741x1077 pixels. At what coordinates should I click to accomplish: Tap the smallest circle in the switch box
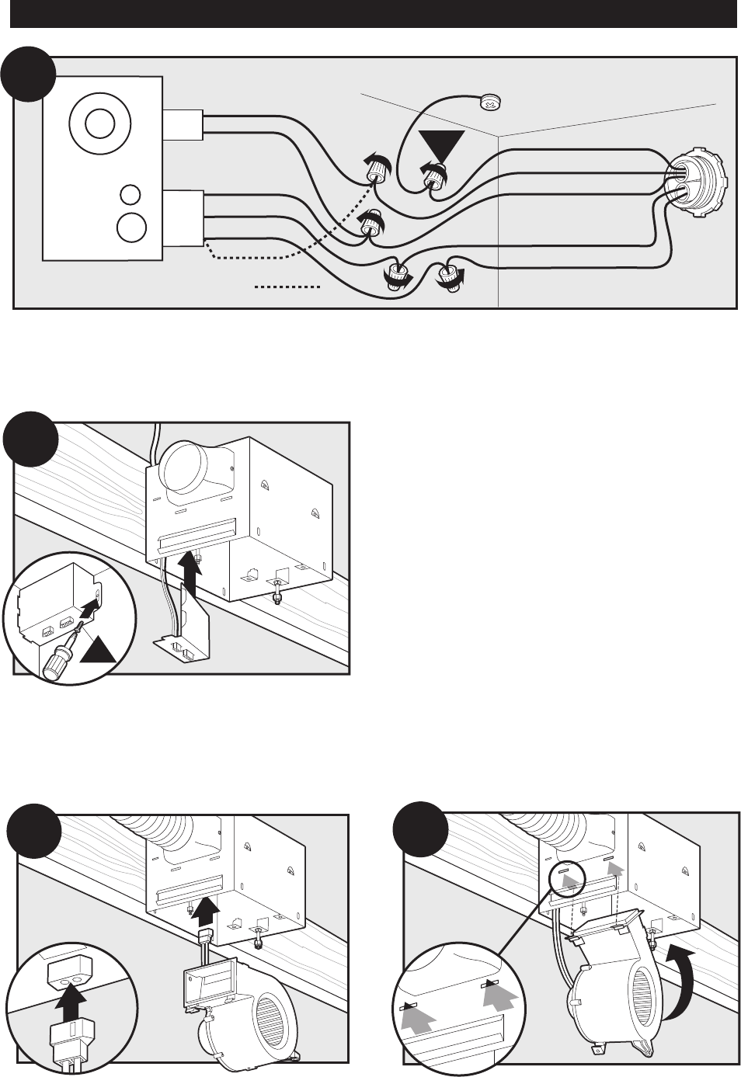tap(131, 193)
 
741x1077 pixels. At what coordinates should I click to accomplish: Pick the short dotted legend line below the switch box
tap(288, 287)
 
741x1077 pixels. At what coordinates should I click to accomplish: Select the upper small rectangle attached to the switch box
tap(183, 124)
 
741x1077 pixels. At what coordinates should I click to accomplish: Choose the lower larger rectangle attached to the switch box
tap(183, 218)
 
